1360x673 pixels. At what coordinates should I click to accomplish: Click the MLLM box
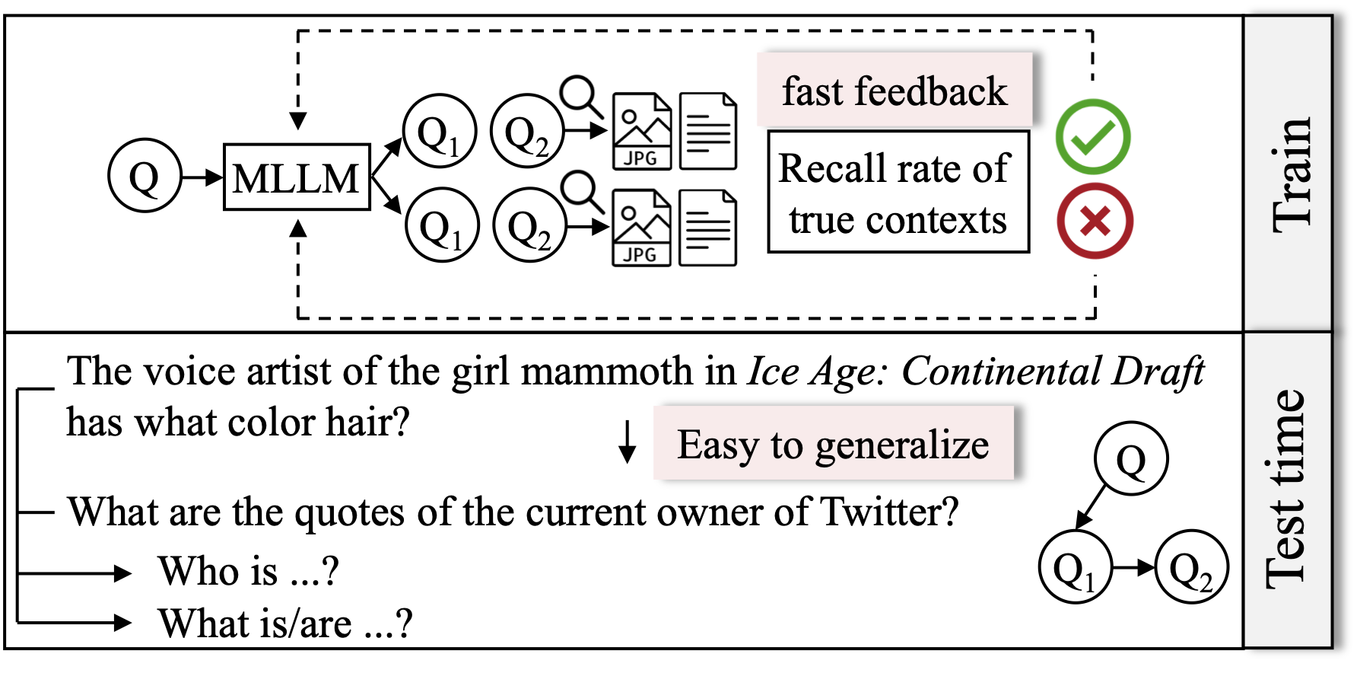coord(297,177)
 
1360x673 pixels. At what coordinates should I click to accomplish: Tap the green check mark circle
coord(1093,137)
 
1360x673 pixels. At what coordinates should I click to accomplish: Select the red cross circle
coord(1095,221)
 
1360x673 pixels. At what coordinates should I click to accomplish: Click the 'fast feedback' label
coord(894,91)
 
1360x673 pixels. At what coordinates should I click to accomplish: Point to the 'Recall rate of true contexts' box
coord(898,192)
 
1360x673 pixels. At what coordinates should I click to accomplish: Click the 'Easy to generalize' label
coord(834,444)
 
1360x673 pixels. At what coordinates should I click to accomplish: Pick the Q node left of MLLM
coord(145,176)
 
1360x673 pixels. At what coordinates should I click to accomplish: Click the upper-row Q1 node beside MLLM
coord(439,132)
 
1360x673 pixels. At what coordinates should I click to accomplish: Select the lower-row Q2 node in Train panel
coord(529,225)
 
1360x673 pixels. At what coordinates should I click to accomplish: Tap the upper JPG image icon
coord(642,131)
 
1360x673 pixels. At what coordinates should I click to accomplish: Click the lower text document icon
coord(707,228)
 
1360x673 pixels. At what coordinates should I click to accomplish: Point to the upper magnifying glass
coord(580,94)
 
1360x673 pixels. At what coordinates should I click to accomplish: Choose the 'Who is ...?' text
coord(248,570)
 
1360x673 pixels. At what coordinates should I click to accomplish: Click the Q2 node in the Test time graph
coord(1191,568)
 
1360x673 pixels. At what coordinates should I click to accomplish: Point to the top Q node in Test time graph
coord(1131,459)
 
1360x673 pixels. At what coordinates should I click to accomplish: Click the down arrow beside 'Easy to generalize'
coord(627,442)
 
